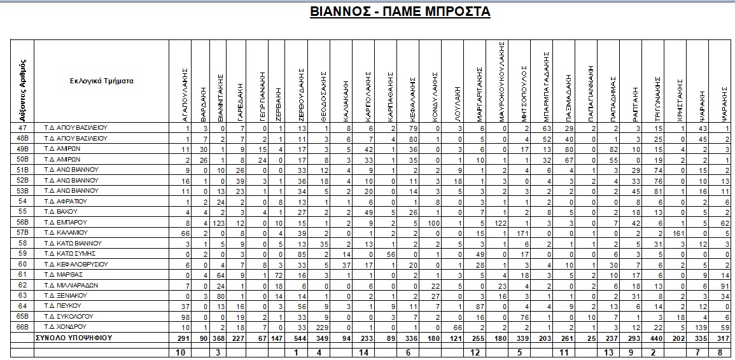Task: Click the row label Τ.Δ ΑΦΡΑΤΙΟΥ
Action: [66, 201]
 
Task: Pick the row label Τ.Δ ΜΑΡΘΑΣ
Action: [63, 275]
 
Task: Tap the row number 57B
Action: [23, 233]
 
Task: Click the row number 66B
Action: [23, 326]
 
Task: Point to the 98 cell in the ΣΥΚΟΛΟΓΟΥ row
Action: [185, 316]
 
